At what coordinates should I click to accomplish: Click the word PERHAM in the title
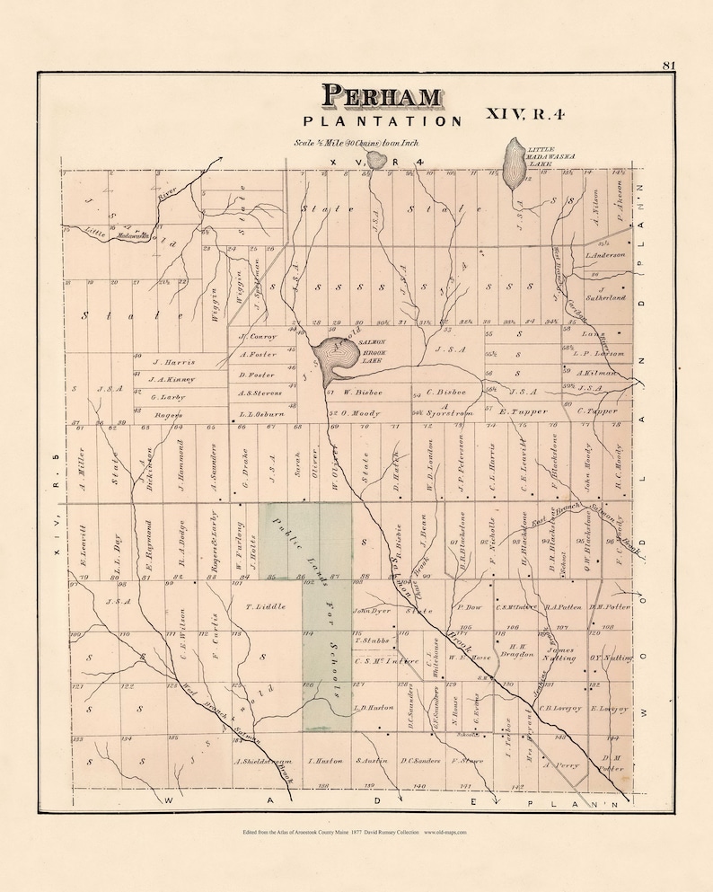pyautogui.click(x=382, y=97)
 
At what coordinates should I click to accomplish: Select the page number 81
pyautogui.click(x=668, y=65)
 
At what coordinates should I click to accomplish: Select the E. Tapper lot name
pyautogui.click(x=522, y=412)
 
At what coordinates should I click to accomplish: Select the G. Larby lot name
pyautogui.click(x=167, y=396)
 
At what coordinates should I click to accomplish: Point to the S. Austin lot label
pyautogui.click(x=371, y=761)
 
